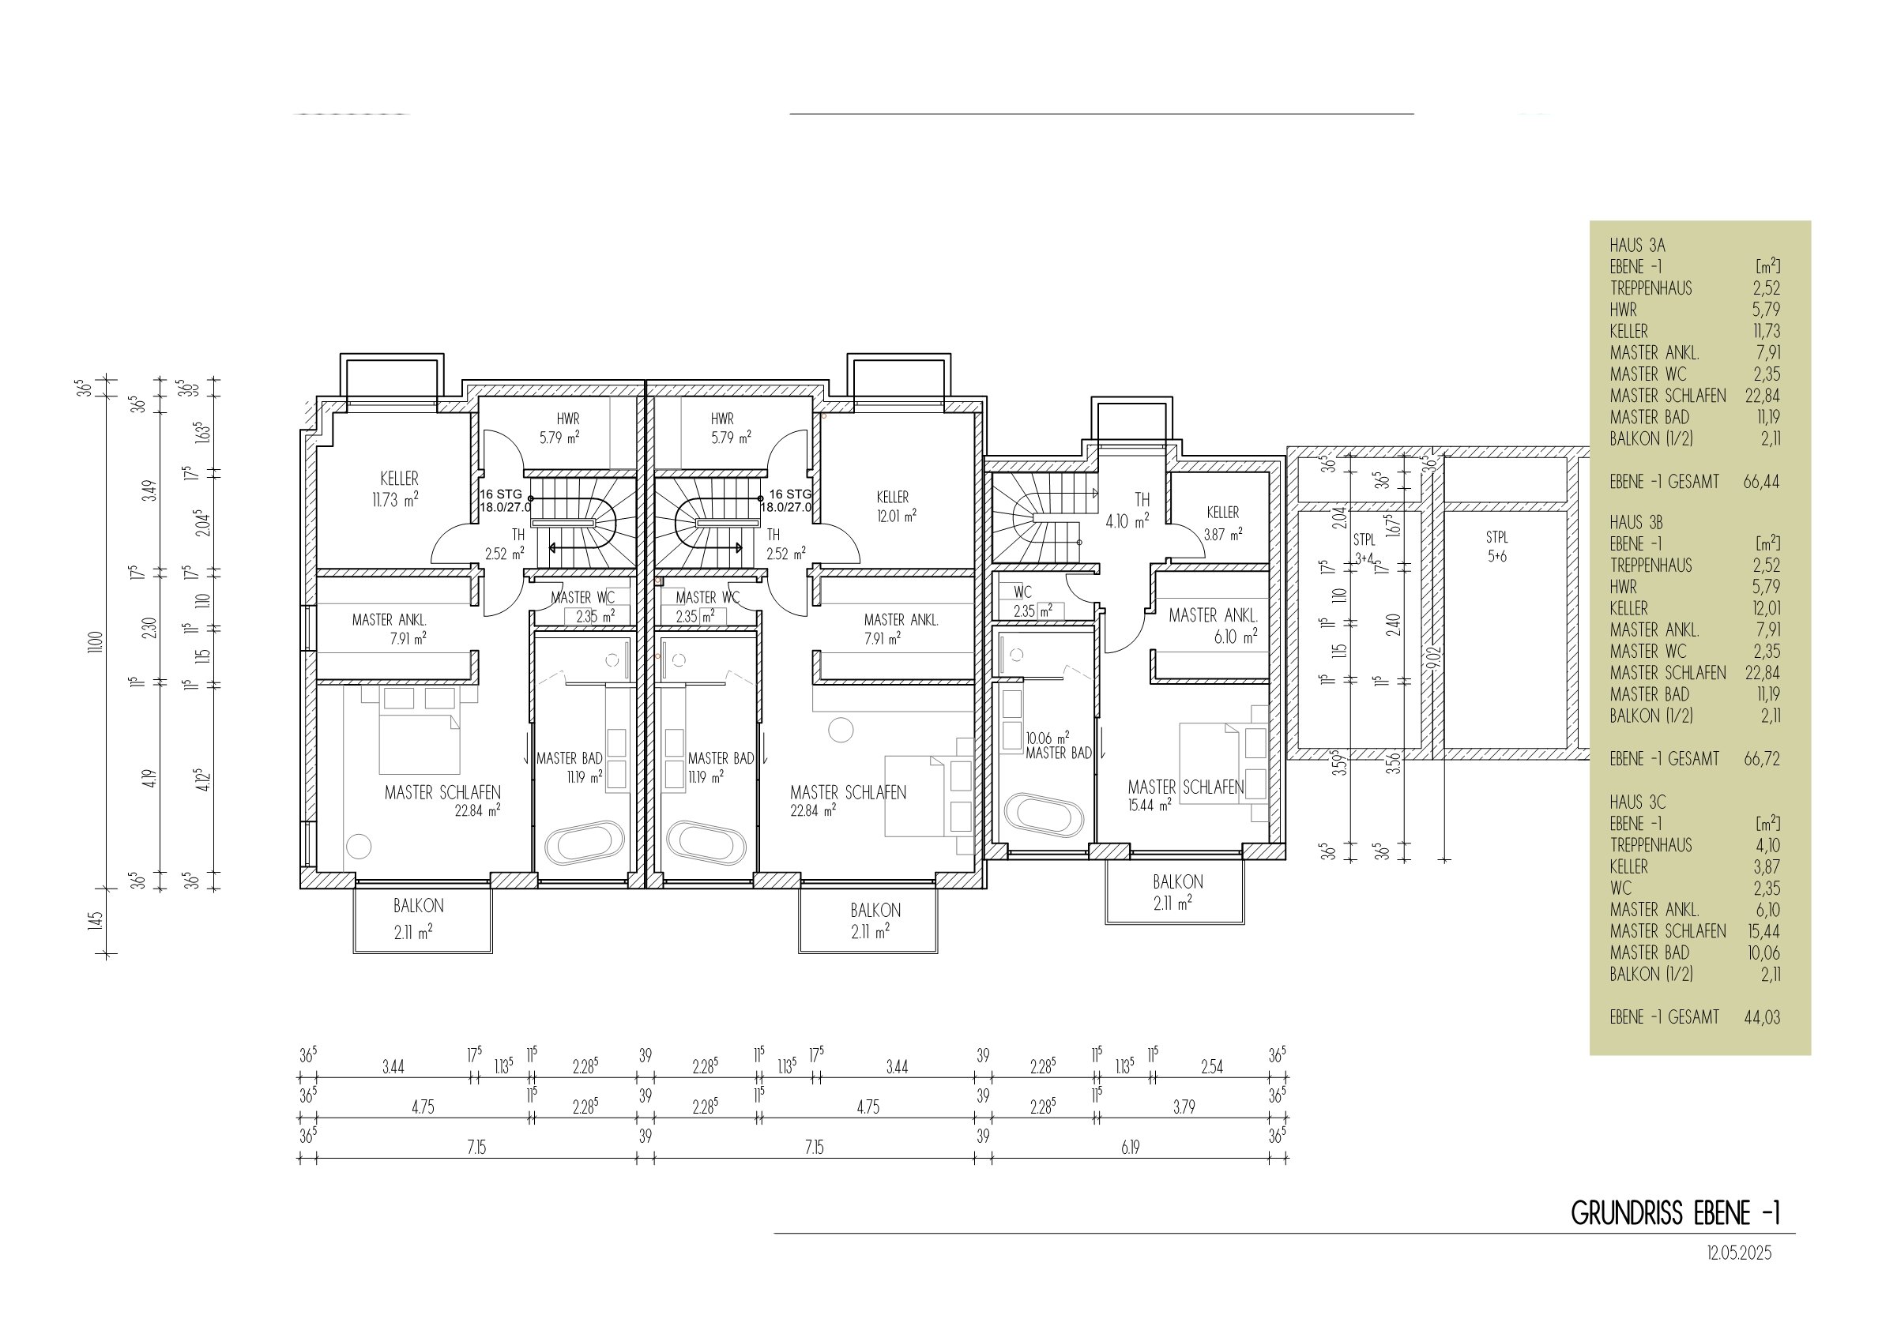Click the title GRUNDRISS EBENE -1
(x=1676, y=1214)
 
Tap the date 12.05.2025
(x=1739, y=1254)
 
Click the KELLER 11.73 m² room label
(x=399, y=489)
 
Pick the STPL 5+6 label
(x=1496, y=547)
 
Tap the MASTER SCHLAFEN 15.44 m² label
(x=1185, y=795)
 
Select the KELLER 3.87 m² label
(x=1223, y=522)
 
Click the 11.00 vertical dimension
(x=96, y=641)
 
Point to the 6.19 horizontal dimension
(x=1131, y=1148)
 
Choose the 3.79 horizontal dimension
(x=1184, y=1107)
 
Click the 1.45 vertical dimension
(x=96, y=920)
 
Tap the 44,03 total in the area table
(x=1761, y=1018)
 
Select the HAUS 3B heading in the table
(x=1636, y=523)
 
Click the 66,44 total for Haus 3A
(x=1761, y=482)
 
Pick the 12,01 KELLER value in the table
(x=1767, y=609)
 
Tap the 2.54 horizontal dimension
(x=1211, y=1067)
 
